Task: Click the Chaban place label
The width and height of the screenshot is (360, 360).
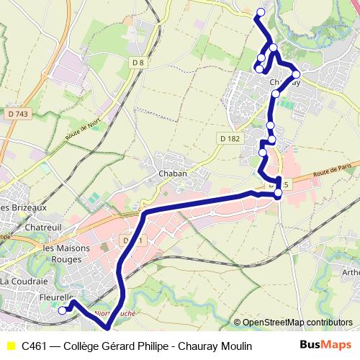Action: [x=173, y=174]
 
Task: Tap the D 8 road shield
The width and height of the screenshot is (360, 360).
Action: [x=139, y=63]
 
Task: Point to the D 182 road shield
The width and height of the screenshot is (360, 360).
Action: [x=229, y=138]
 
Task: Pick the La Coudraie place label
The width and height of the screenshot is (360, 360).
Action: [x=24, y=281]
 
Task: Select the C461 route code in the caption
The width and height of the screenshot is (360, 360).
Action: [x=35, y=346]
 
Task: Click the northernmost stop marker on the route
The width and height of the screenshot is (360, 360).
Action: [x=261, y=12]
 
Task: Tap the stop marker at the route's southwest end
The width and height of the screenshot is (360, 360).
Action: [x=63, y=310]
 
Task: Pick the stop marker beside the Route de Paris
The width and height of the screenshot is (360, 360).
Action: [x=278, y=193]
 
